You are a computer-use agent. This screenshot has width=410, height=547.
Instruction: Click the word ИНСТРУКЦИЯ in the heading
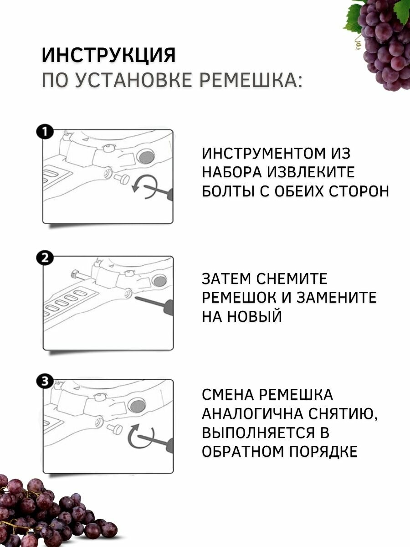108,56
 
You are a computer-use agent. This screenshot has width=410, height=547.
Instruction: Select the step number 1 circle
45,132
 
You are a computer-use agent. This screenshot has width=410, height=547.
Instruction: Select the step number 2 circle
45,258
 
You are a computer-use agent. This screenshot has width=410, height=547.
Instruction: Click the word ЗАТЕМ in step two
226,279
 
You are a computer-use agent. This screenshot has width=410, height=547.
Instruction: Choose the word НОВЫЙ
256,316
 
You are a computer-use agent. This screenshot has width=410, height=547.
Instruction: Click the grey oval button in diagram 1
147,157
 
